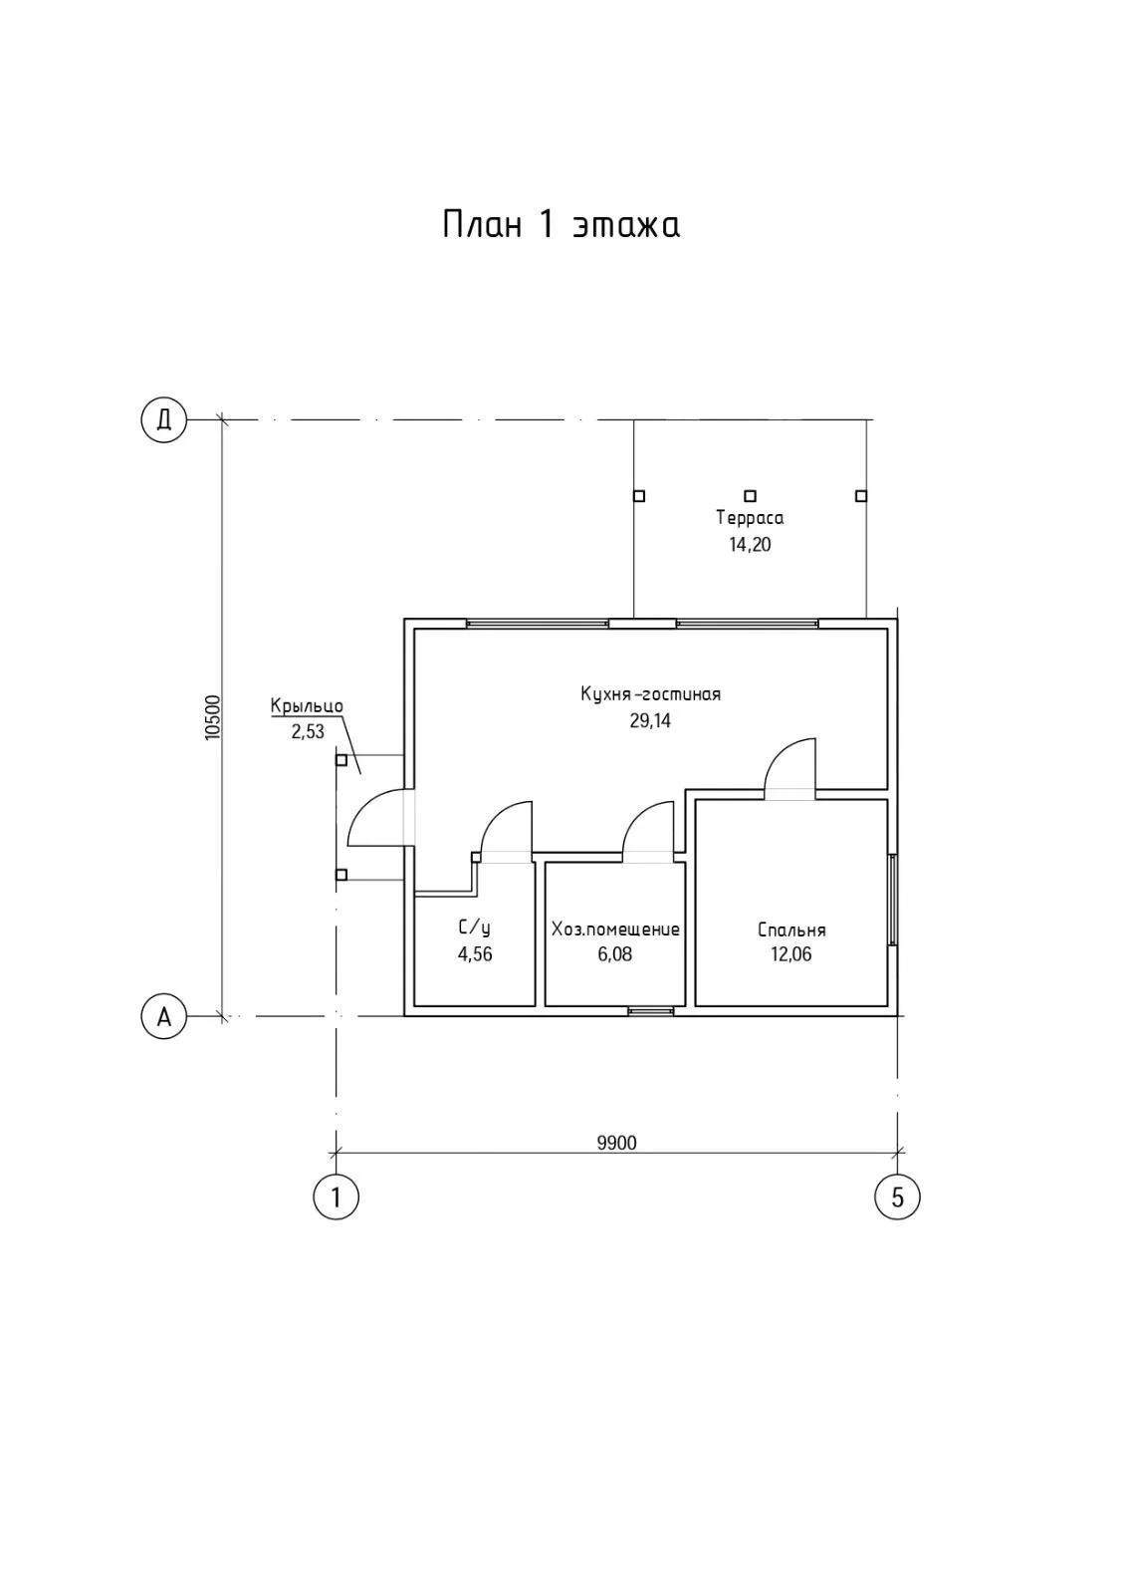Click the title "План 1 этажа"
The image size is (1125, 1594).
click(561, 224)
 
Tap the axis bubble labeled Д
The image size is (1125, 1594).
click(164, 419)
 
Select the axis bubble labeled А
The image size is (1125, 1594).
click(164, 1016)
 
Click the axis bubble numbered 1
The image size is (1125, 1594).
click(337, 1195)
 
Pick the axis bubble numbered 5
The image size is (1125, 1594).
click(897, 1195)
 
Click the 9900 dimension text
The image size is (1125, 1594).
click(616, 1142)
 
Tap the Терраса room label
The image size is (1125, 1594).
click(750, 518)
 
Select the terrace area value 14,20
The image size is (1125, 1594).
click(750, 545)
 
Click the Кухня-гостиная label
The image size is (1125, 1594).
click(650, 694)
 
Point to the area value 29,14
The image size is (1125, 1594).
click(650, 720)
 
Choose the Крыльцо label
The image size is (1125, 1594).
click(307, 706)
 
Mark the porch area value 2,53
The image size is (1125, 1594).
click(308, 731)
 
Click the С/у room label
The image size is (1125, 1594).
click(474, 929)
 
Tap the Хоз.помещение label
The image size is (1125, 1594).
click(615, 930)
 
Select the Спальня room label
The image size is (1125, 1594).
click(791, 930)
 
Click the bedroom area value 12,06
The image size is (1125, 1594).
click(791, 954)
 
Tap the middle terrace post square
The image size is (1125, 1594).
click(751, 495)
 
